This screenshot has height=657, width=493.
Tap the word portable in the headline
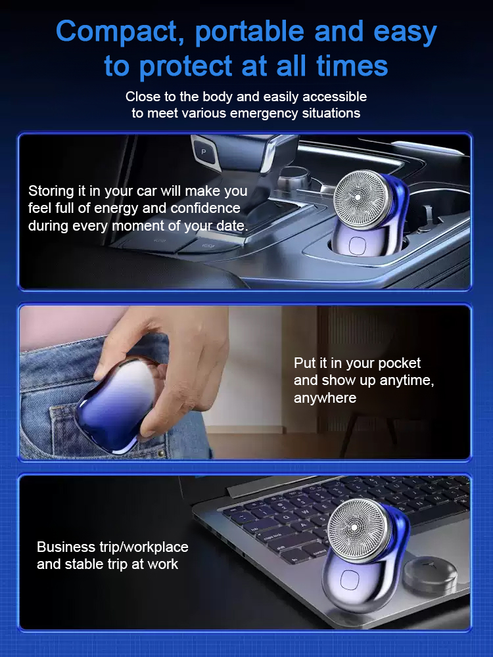click(x=250, y=32)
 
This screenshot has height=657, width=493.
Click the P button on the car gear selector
click(x=204, y=152)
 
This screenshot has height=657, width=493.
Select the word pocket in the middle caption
click(x=399, y=363)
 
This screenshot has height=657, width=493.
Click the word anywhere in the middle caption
click(x=325, y=398)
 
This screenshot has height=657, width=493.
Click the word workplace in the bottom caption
click(x=156, y=547)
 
